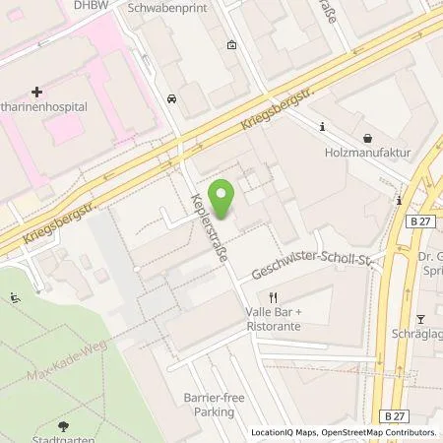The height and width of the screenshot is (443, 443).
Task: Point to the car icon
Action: (x=172, y=98)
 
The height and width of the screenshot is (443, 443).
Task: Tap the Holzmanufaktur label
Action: (x=366, y=153)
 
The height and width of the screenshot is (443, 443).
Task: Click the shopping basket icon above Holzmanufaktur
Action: (x=367, y=138)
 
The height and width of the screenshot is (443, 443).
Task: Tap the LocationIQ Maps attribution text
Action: (x=285, y=432)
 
